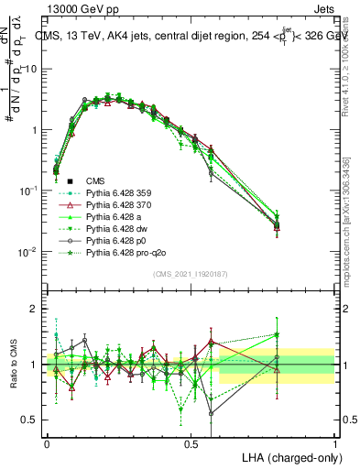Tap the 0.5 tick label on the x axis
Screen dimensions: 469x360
[x=191, y=442]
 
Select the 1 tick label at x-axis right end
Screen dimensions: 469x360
[x=334, y=442]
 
